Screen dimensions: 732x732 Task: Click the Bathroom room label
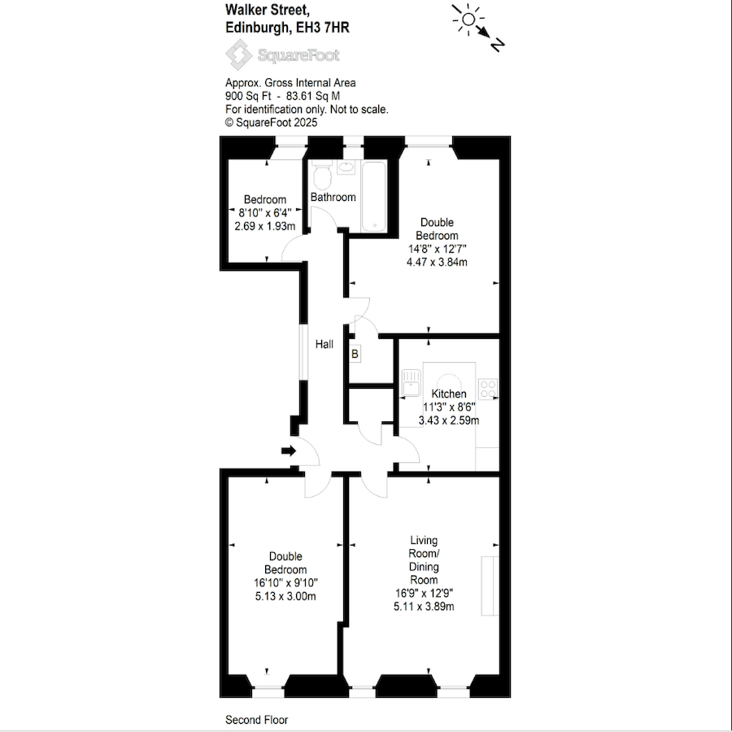pyautogui.click(x=333, y=198)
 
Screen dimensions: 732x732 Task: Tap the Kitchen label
pyautogui.click(x=449, y=394)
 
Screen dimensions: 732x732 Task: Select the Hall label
pyautogui.click(x=325, y=345)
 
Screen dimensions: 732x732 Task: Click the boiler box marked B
pyautogui.click(x=355, y=354)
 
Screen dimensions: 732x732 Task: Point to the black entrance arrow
pyautogui.click(x=288, y=451)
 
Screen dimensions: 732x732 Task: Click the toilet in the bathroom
pyautogui.click(x=321, y=175)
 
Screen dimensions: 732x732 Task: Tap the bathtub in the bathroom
pyautogui.click(x=375, y=196)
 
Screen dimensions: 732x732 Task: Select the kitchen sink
pyautogui.click(x=409, y=382)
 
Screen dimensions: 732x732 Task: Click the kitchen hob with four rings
pyautogui.click(x=488, y=388)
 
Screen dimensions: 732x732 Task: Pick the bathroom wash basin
pyautogui.click(x=346, y=168)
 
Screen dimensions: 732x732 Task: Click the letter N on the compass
pyautogui.click(x=498, y=46)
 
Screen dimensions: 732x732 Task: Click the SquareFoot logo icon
pyautogui.click(x=238, y=55)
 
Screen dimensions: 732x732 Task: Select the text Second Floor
pyautogui.click(x=256, y=720)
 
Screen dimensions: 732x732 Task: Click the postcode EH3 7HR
pyautogui.click(x=320, y=27)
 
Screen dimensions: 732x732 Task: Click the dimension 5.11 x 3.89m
pyautogui.click(x=425, y=606)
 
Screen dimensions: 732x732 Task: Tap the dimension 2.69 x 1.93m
pyautogui.click(x=264, y=226)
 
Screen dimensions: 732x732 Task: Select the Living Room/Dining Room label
pyautogui.click(x=424, y=560)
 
